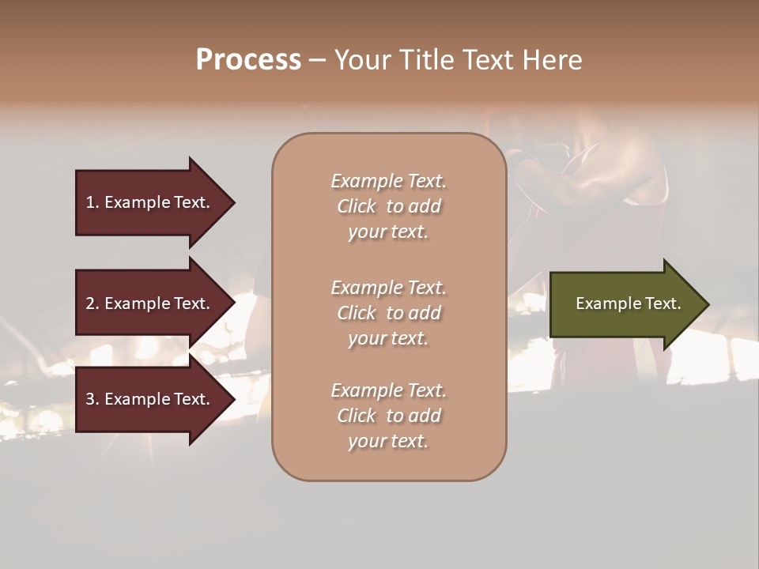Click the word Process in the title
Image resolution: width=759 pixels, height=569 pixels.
click(248, 60)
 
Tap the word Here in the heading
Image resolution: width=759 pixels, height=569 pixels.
click(550, 60)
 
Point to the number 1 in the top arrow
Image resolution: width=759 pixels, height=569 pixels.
click(90, 202)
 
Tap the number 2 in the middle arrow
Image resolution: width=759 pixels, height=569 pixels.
click(90, 303)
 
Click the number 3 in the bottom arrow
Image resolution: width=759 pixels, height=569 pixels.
click(90, 399)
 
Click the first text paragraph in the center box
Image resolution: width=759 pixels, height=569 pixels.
click(388, 206)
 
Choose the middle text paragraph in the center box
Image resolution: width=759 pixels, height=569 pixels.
click(388, 313)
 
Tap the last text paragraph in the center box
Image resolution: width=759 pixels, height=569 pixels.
click(388, 416)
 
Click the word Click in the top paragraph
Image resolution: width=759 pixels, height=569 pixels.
click(357, 206)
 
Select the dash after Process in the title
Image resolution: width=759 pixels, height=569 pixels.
click(317, 60)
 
